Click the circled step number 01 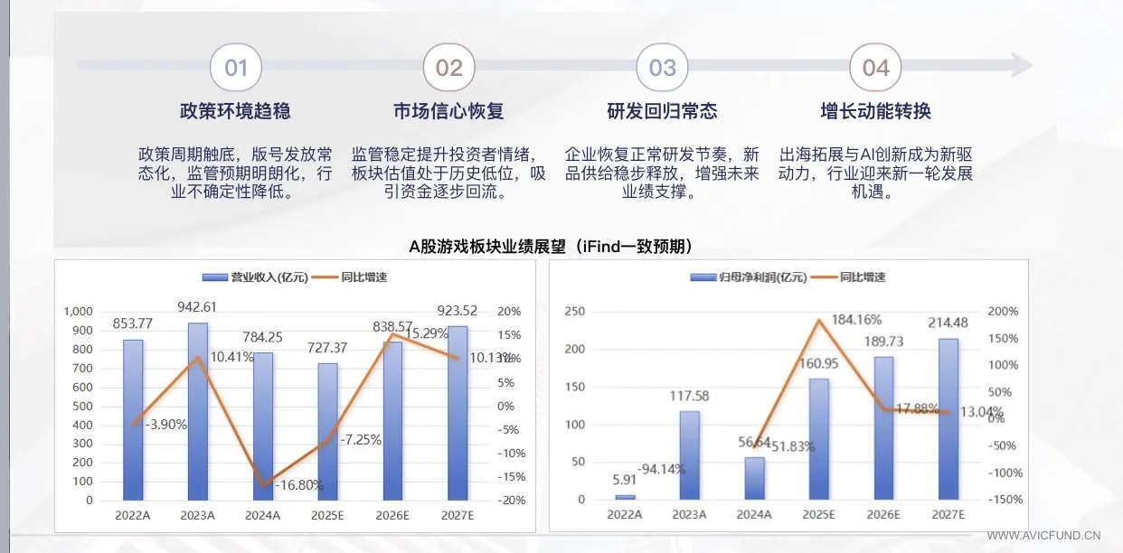236,68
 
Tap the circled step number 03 663,68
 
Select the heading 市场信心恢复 448,111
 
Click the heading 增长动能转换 875,111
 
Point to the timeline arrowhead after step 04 1022,65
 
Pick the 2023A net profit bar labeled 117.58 689,455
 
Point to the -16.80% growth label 297,485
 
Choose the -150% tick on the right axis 1005,500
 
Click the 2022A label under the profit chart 624,515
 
